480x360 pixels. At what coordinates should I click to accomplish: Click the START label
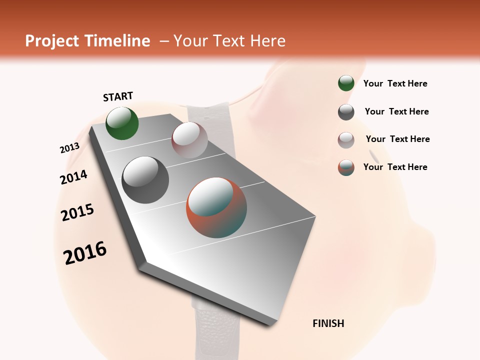click(118, 96)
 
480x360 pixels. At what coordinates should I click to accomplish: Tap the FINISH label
click(328, 323)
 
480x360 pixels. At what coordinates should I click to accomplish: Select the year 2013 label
click(69, 148)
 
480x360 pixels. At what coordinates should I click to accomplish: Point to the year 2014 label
click(73, 177)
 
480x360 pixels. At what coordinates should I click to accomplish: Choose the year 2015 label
click(77, 212)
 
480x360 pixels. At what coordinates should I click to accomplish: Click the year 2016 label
click(85, 253)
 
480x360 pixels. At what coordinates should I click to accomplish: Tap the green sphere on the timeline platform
click(122, 123)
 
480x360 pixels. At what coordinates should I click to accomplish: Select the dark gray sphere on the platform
click(145, 179)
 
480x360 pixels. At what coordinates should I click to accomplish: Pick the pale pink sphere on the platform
click(189, 139)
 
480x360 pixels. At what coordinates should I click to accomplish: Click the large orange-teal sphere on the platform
click(216, 207)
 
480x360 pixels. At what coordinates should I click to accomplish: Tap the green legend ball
click(346, 83)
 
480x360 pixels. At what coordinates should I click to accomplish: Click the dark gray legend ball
click(346, 112)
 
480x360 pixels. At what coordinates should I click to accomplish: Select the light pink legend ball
click(346, 140)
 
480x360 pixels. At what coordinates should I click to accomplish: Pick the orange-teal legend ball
click(346, 168)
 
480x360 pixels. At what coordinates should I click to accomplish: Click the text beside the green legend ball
click(395, 83)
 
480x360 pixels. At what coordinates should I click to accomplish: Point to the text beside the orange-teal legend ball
click(395, 167)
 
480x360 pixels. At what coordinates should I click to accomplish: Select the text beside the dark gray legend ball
click(396, 111)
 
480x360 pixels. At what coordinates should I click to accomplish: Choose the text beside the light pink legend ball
click(397, 139)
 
